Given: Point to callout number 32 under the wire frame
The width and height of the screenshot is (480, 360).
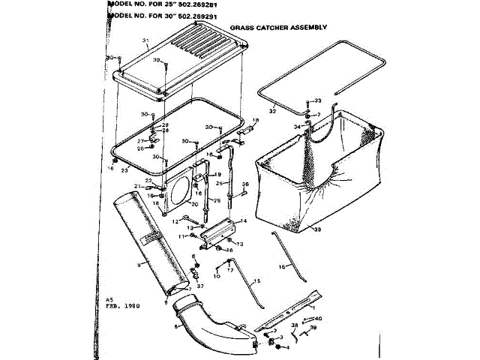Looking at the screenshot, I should point(273,111).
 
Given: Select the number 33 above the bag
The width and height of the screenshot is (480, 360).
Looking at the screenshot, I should point(317,100).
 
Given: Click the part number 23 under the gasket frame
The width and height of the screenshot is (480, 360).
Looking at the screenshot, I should point(124,170).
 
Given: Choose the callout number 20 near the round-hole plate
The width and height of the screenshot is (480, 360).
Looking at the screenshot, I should point(173,205).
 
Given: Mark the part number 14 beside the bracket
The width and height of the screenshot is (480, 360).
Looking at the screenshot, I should point(241,221).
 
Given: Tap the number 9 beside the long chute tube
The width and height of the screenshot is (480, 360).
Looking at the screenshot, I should point(138,265).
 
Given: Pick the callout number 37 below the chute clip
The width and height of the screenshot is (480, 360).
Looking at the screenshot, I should point(199,285).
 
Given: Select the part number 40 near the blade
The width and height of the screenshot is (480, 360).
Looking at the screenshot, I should point(319,319).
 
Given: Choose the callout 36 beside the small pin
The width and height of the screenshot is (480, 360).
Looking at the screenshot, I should point(244,184).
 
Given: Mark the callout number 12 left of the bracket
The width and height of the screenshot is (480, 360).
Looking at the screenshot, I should point(175,220).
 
